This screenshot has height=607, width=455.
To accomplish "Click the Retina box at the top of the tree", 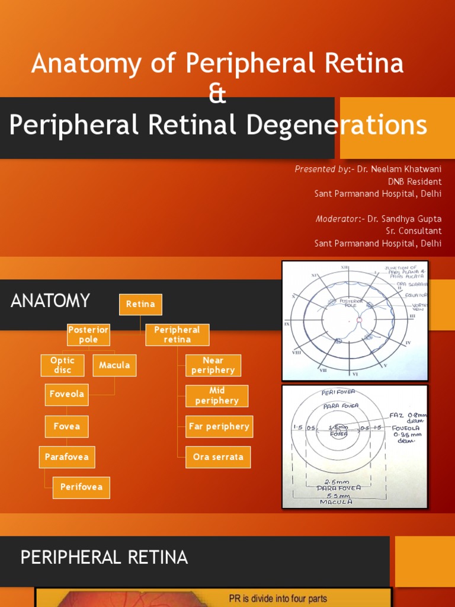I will (x=140, y=305).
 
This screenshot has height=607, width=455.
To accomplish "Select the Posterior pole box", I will (x=88, y=335).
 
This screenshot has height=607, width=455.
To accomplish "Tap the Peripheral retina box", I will (x=177, y=335).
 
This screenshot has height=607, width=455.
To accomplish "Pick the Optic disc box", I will (x=62, y=365).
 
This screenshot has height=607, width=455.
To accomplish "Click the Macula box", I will (x=114, y=365).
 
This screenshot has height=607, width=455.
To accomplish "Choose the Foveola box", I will (x=66, y=394).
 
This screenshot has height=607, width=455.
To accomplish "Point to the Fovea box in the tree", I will (x=66, y=426).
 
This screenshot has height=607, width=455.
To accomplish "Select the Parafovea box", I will (x=67, y=457).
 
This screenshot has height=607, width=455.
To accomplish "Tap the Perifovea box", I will (x=81, y=487).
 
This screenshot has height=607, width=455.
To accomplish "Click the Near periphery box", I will (x=213, y=365).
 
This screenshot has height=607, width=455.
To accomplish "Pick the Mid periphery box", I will (x=216, y=396).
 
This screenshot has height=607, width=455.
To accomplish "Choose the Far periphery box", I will (x=219, y=426).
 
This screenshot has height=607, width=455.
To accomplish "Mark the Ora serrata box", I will (x=218, y=457).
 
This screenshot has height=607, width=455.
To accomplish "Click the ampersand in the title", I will (x=217, y=95).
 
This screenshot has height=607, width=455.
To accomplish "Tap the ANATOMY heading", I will (x=50, y=301).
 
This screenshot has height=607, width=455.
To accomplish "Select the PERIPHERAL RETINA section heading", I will (x=104, y=557).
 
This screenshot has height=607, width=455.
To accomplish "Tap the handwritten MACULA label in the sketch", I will (x=336, y=501).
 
